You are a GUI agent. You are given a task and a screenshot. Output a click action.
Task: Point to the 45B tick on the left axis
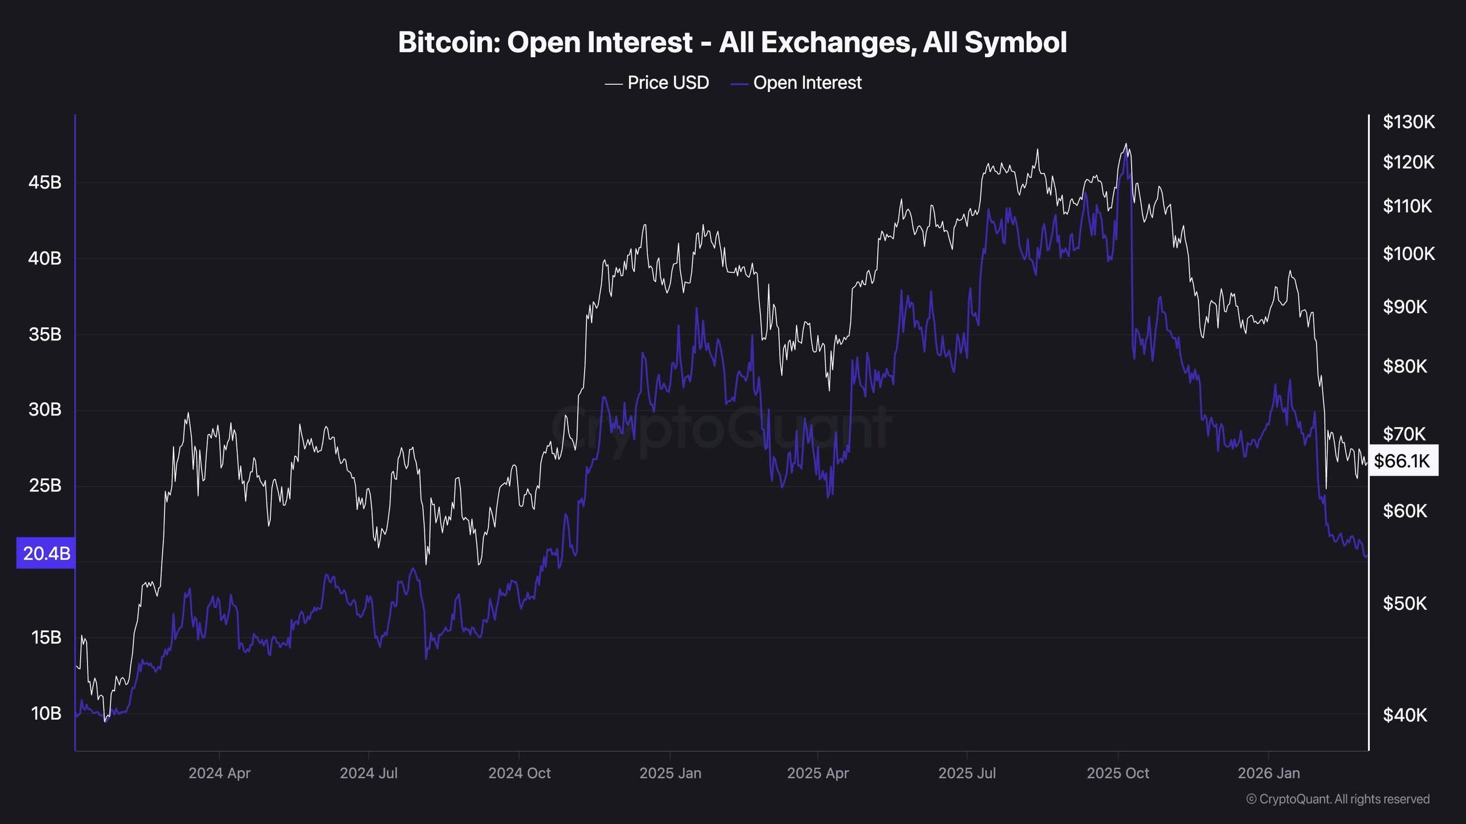[x=45, y=183]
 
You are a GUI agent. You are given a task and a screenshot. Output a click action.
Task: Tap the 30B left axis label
[x=45, y=410]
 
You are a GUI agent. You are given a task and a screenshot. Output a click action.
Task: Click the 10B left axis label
[x=46, y=714]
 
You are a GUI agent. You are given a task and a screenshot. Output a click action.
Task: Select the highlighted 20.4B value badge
[x=46, y=553]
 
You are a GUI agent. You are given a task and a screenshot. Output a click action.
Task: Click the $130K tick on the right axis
[x=1408, y=122]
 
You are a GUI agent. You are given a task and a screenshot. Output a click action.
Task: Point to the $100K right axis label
[x=1408, y=253]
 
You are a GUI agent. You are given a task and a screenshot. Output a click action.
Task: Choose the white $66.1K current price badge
[x=1402, y=461]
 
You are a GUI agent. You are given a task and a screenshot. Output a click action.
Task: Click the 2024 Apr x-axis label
[x=219, y=774]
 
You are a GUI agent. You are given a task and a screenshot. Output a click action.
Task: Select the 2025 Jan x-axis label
[x=670, y=774]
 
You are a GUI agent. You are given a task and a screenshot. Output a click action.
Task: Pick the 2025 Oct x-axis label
[x=1117, y=774]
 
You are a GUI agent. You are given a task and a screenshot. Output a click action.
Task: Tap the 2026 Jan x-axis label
[x=1268, y=774]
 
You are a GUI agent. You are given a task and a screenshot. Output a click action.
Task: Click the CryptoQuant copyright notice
[x=1338, y=799]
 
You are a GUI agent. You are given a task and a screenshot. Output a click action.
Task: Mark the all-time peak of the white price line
[x=1126, y=144]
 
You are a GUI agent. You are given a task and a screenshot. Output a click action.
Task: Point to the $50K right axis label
[x=1405, y=604]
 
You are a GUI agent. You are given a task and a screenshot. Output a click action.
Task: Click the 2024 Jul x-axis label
[x=368, y=774]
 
